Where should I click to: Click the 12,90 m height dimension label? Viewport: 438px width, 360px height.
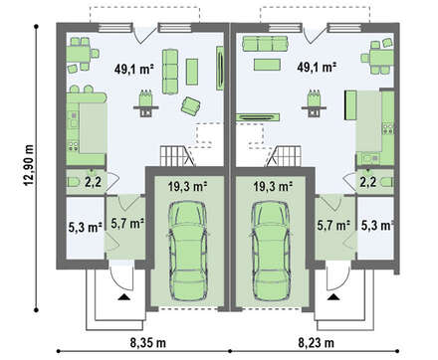click(x=29, y=166)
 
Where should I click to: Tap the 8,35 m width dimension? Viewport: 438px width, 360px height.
click(x=148, y=343)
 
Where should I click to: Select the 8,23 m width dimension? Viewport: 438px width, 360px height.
click(x=317, y=343)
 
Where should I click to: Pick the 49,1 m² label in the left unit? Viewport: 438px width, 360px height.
click(x=133, y=69)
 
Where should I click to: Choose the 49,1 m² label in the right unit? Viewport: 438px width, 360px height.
click(x=317, y=68)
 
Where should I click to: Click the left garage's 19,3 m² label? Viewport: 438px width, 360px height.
click(x=187, y=187)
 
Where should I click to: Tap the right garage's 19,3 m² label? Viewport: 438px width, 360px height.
click(x=273, y=187)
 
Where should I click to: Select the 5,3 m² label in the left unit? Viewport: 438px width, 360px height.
click(x=85, y=227)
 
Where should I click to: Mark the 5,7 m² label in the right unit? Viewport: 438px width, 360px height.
click(x=333, y=226)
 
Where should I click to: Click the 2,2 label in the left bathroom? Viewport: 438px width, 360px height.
click(x=93, y=182)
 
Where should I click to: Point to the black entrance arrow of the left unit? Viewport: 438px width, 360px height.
click(x=124, y=297)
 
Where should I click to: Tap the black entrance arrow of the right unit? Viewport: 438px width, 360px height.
click(x=333, y=297)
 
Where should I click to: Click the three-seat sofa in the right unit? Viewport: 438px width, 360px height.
click(x=265, y=44)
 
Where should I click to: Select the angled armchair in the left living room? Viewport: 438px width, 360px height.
click(x=190, y=106)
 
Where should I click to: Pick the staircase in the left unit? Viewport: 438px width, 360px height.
click(x=177, y=156)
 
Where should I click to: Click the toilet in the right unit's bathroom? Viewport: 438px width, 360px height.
click(x=387, y=183)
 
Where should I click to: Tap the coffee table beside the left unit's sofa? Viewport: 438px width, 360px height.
click(x=192, y=72)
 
